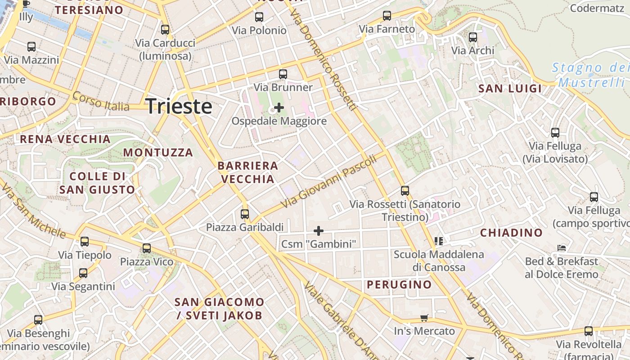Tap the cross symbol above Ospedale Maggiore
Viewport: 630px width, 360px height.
pos(279,108)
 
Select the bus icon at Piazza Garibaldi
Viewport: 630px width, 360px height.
pos(245,214)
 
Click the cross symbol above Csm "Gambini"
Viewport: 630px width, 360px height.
pos(319,231)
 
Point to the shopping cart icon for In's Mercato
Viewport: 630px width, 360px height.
pos(424,318)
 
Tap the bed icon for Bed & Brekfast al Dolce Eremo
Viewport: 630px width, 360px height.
pos(561,247)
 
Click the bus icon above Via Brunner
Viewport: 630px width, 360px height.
pos(283,74)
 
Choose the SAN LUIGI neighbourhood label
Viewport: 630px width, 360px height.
pos(510,88)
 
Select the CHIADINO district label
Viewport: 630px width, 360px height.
pos(511,233)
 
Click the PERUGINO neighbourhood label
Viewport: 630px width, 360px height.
pos(399,284)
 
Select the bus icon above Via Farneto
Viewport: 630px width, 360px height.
pos(387,16)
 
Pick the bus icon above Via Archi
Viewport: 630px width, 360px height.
pos(473,37)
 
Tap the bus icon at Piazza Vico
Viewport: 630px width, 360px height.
pos(147,248)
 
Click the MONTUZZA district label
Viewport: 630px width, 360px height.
pos(158,153)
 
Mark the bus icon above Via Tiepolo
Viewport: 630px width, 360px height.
pos(85,242)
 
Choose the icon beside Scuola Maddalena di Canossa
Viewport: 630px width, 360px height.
pos(439,241)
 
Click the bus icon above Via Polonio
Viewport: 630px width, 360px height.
pos(259,17)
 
